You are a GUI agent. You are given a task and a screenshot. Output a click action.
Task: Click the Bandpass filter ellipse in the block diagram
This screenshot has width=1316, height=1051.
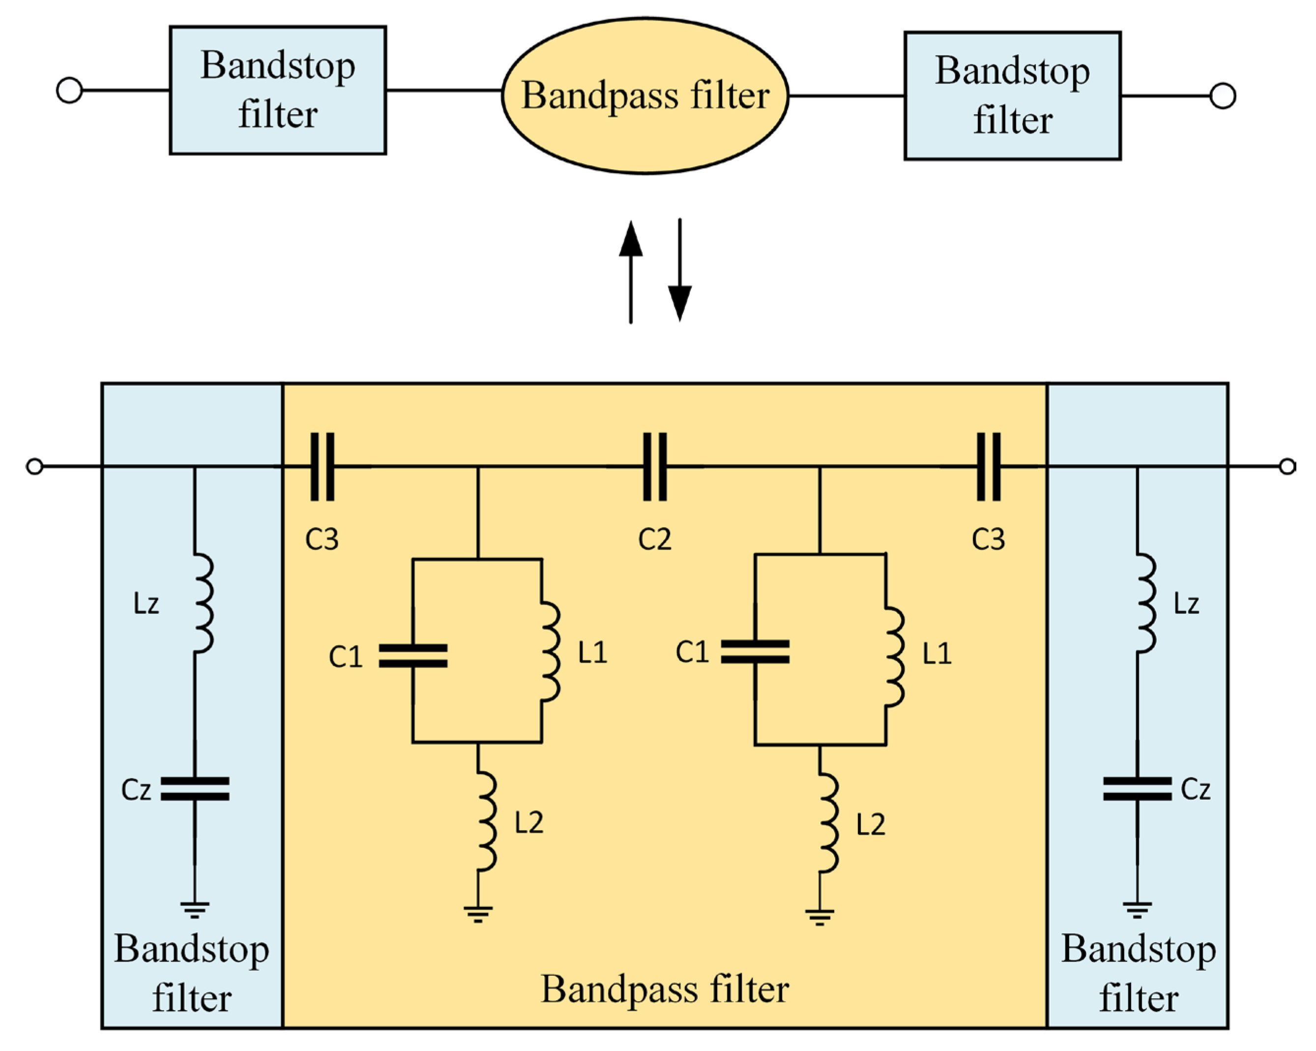(645, 96)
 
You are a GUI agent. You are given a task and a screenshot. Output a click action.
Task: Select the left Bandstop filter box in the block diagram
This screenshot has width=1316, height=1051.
(278, 90)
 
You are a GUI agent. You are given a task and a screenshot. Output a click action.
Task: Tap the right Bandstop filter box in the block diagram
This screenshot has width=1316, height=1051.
(1012, 96)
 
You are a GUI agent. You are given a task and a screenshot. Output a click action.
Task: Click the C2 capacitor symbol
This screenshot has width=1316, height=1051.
(655, 467)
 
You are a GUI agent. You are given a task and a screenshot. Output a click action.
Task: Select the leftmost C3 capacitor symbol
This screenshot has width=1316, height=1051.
(322, 467)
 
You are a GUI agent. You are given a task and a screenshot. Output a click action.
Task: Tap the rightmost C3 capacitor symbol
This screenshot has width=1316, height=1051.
(988, 467)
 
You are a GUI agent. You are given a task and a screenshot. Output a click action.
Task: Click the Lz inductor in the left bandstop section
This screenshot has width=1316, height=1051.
(203, 603)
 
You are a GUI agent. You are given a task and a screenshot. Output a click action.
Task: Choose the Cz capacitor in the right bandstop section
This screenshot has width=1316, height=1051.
(1137, 788)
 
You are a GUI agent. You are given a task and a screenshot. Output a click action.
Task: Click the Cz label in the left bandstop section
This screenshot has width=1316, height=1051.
(136, 790)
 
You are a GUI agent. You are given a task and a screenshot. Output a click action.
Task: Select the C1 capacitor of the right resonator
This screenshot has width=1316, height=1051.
(755, 651)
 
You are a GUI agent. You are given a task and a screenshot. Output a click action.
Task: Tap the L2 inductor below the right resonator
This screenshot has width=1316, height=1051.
(828, 823)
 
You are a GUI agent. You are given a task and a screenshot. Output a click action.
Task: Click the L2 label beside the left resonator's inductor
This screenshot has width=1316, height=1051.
(528, 823)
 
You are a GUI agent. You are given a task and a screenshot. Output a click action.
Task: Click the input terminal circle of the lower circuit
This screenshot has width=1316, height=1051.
(35, 467)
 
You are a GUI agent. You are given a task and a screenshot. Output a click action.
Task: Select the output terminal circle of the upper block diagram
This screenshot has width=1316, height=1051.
(1222, 96)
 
